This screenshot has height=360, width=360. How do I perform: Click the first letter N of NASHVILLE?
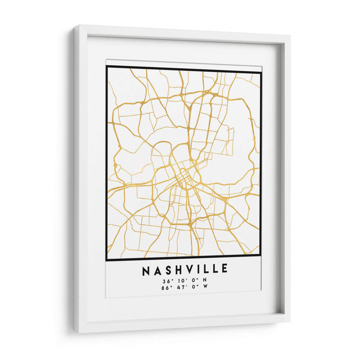click(x=146, y=270)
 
